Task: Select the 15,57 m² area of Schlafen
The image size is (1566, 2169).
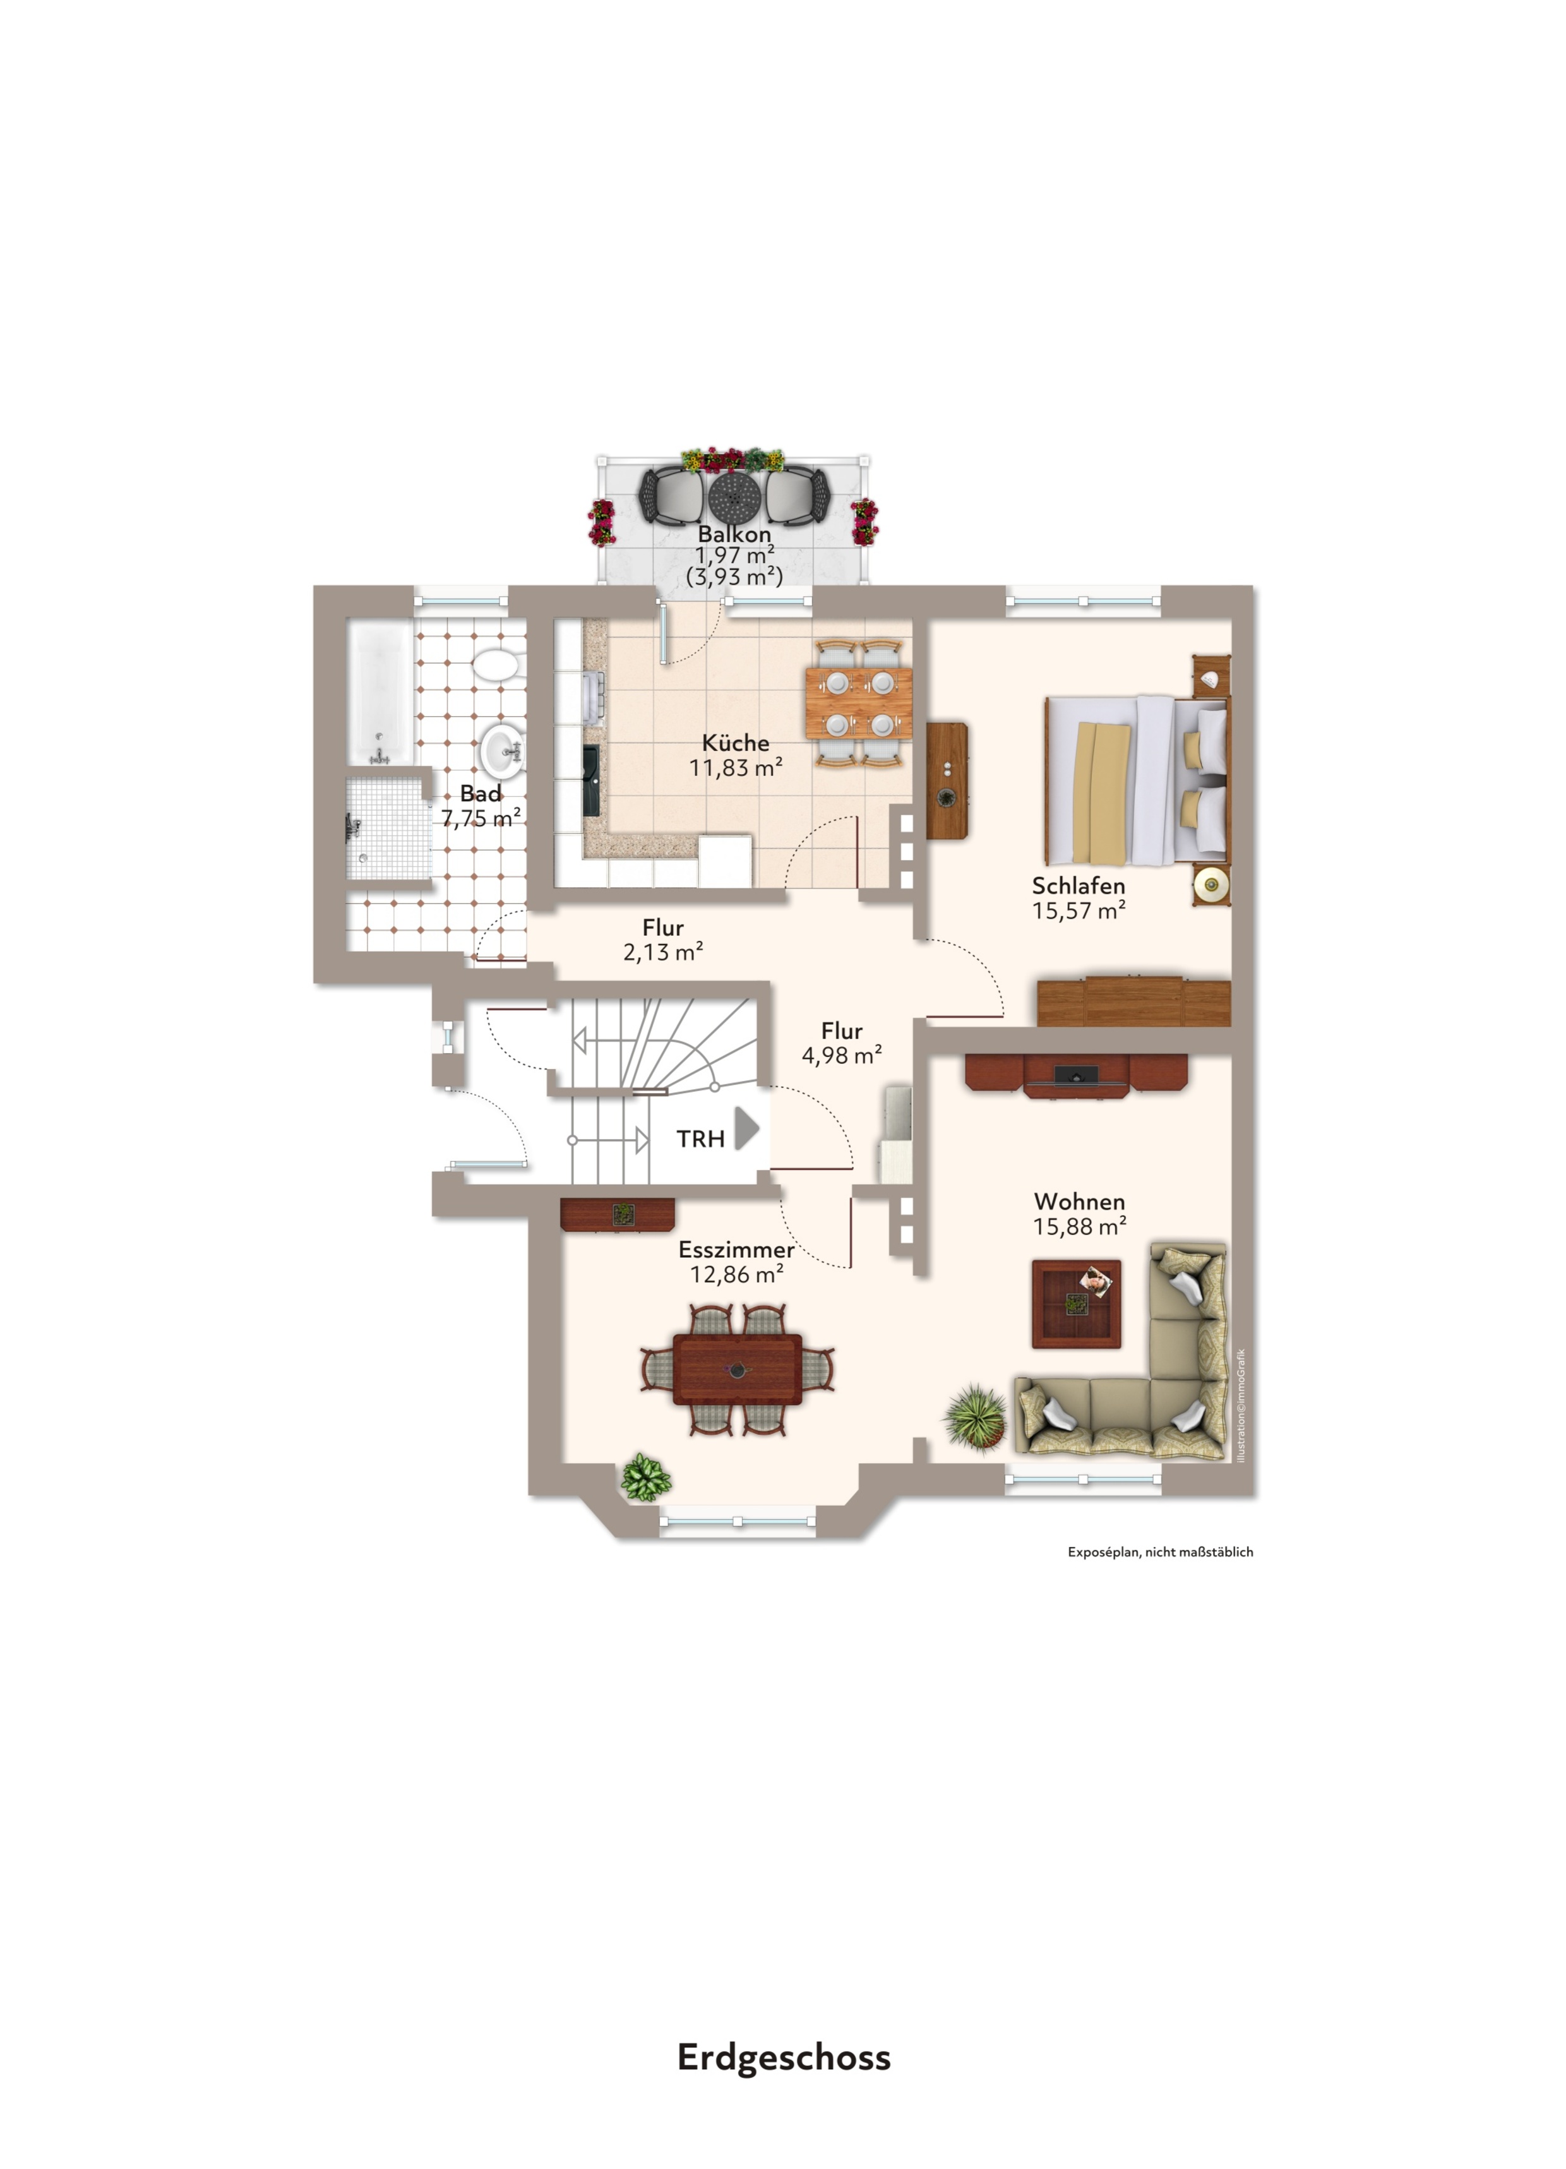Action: [x=1078, y=911]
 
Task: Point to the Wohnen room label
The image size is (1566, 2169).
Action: [x=1079, y=1201]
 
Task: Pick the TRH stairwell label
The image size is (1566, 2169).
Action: [x=700, y=1139]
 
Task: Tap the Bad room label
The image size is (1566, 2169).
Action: [x=481, y=794]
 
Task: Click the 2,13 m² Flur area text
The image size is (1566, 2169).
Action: [x=663, y=952]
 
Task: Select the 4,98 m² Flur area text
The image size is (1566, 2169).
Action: [x=842, y=1055]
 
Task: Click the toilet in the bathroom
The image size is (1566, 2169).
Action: [x=496, y=664]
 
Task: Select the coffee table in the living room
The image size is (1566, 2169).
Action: [x=1076, y=1303]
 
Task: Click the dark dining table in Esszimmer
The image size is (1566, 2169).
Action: [x=738, y=1368]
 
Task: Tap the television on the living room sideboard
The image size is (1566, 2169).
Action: [x=1076, y=1076]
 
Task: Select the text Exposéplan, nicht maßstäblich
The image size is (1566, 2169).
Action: [x=1159, y=1552]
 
